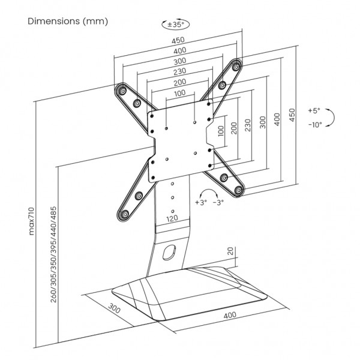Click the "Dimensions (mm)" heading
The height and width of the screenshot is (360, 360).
coord(68,22)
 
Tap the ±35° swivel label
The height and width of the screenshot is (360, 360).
coord(174,25)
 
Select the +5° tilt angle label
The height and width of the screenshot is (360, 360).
coord(314,111)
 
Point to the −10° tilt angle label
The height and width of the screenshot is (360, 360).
coord(314,125)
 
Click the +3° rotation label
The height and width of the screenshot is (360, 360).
coord(200,203)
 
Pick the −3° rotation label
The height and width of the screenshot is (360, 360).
coord(219,203)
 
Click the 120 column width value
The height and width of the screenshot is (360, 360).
coord(172,220)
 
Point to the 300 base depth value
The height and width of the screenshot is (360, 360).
coord(116,311)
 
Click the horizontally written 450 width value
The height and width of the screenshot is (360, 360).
coord(178,40)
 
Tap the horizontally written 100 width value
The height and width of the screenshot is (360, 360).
coord(180,93)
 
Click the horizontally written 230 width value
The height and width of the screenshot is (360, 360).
coord(179,71)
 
